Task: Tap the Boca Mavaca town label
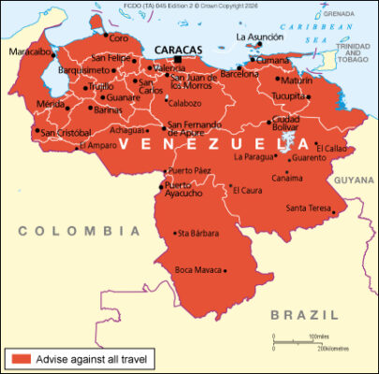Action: tap(197, 270)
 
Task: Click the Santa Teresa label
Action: tap(309, 207)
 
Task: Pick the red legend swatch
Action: tap(21, 358)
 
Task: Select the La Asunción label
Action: tap(258, 37)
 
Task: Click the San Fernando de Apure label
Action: tap(194, 129)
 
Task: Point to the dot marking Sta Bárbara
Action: tap(174, 233)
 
